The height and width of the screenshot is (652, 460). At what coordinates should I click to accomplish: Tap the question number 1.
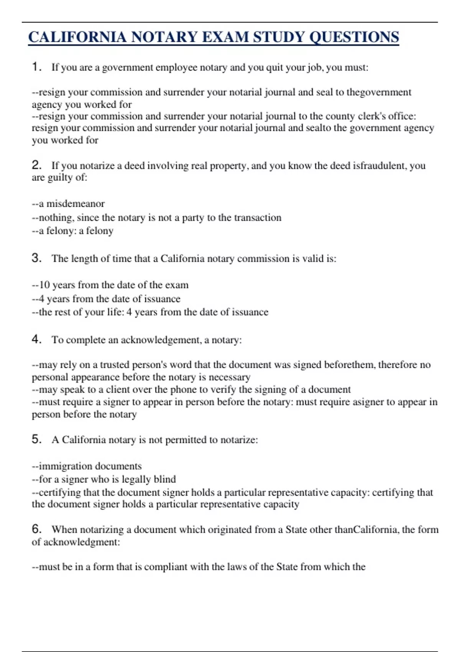click(x=36, y=67)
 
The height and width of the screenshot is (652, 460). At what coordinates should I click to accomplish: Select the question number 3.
click(x=36, y=258)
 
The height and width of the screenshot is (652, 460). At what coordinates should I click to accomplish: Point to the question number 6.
click(x=36, y=529)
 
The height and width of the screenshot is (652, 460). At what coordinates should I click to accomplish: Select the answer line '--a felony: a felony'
click(x=73, y=231)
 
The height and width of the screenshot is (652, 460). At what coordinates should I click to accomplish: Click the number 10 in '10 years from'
click(x=44, y=285)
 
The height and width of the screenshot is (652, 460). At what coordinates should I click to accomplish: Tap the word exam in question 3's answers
click(x=177, y=285)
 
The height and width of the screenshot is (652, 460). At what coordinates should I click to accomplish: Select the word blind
click(x=164, y=479)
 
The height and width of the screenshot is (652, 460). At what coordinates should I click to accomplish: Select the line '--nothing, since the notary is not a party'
click(x=156, y=218)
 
